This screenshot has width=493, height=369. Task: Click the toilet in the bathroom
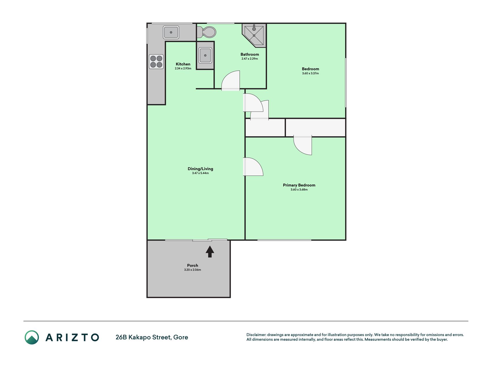tap(207, 32)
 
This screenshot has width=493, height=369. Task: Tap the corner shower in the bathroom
tap(254, 35)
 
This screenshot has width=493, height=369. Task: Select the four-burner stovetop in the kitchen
tap(156, 61)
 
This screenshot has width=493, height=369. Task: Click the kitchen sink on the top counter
tap(171, 32)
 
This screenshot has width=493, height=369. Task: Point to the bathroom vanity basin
tap(205, 55)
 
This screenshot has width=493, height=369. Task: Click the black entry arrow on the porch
tap(210, 251)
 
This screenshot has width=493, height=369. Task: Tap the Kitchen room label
tap(183, 64)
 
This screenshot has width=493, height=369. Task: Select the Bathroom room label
tap(250, 54)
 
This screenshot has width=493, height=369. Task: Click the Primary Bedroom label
tap(299, 185)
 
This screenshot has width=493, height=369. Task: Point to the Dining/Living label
tap(200, 169)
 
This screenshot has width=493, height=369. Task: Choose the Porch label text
tap(193, 265)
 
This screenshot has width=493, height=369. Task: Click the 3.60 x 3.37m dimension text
tap(310, 73)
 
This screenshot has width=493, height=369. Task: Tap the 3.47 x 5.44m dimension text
tap(200, 173)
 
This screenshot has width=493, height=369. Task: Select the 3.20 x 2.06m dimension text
tap(193, 270)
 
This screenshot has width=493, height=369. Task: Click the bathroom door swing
tap(231, 80)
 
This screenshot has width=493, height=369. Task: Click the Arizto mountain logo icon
tap(32, 337)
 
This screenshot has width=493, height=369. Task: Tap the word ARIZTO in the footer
tap(72, 337)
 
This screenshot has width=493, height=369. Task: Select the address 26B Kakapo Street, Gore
tap(152, 337)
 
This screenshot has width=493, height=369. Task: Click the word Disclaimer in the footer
tap(256, 335)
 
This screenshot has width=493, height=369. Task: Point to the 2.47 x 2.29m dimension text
tap(250, 59)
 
